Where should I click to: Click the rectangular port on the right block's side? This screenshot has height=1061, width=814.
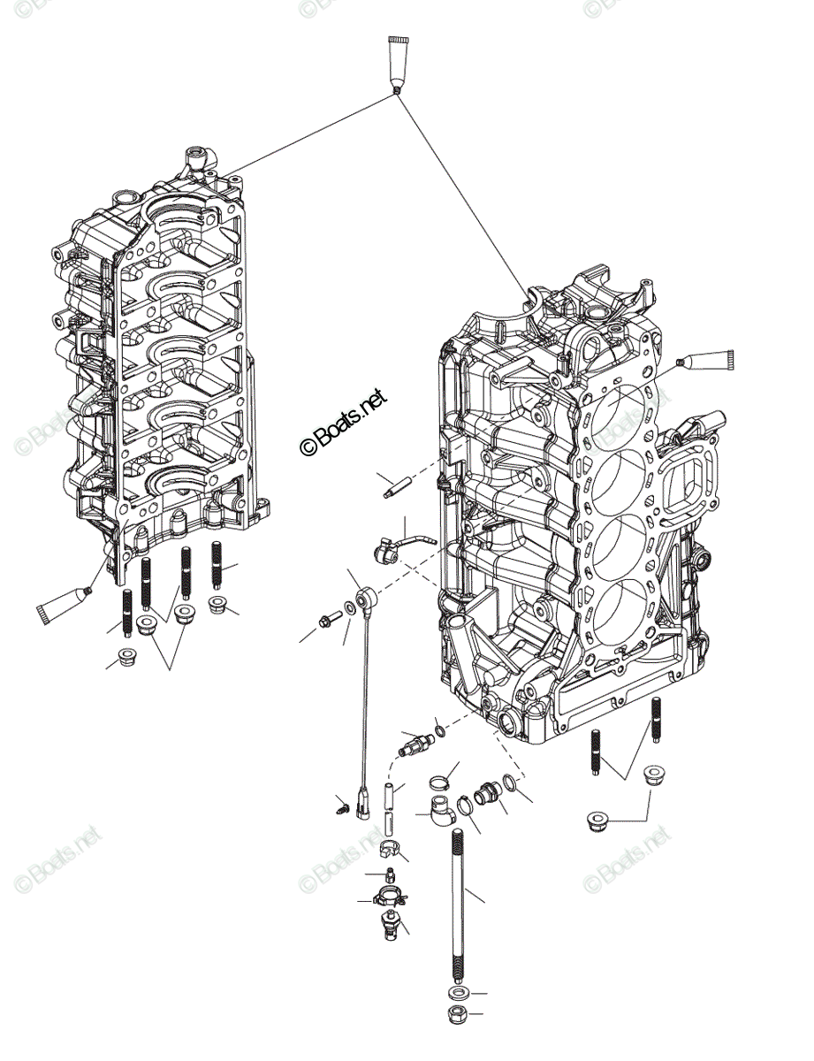(x=686, y=479)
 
